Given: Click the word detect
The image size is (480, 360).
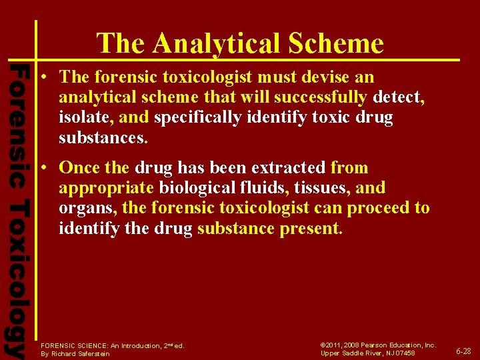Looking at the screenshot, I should coord(398,98).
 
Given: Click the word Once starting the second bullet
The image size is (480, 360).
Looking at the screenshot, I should coord(79,168).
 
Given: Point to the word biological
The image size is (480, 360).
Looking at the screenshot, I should coord(199,188).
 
